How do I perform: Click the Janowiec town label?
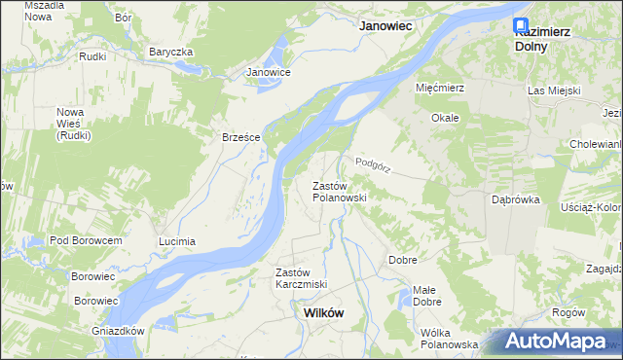(389, 27)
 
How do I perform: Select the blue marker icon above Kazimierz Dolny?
(521, 25)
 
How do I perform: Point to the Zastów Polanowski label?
(339, 192)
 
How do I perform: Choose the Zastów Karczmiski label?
(301, 278)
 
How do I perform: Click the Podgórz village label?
(373, 165)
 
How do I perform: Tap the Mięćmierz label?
(443, 88)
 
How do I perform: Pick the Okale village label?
(445, 118)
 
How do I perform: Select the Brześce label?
(240, 137)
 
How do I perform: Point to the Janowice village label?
(269, 72)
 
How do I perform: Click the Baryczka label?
(171, 52)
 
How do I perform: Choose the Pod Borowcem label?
(86, 240)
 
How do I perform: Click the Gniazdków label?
(113, 331)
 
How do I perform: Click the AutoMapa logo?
(558, 342)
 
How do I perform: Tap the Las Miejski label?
(554, 90)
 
